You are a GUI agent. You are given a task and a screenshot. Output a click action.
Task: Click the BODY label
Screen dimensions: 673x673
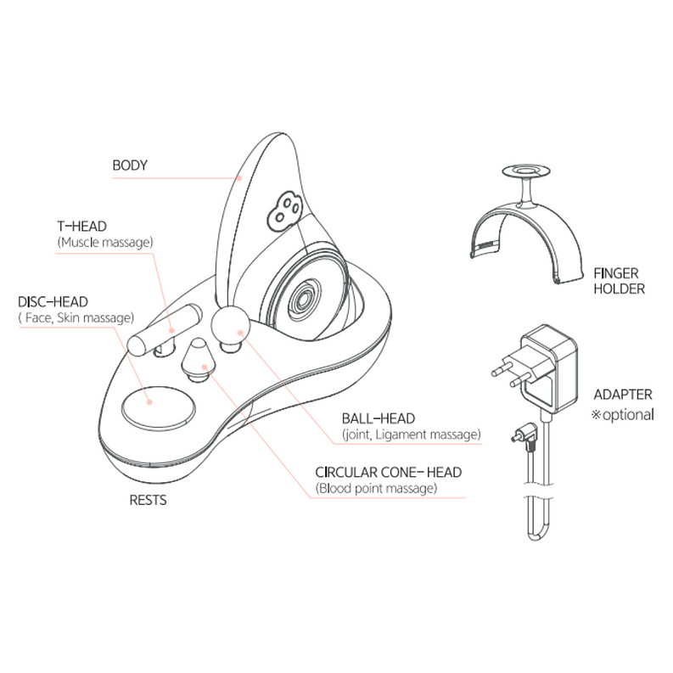(x=130, y=165)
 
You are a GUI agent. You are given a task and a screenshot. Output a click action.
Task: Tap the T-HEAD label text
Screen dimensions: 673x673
(x=82, y=227)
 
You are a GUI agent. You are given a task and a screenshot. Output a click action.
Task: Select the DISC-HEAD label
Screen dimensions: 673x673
(x=53, y=302)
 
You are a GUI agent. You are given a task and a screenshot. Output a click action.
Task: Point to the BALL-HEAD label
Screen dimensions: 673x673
(x=379, y=418)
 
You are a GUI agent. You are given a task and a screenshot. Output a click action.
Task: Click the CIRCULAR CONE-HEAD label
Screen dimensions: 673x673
(x=389, y=472)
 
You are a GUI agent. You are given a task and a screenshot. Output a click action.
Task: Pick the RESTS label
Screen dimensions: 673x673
(x=148, y=500)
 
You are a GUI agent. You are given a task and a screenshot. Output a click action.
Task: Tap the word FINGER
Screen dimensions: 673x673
(x=616, y=273)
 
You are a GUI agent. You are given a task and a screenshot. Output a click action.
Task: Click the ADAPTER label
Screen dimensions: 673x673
(x=623, y=395)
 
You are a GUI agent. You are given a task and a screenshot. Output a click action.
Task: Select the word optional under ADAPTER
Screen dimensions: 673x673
(x=628, y=415)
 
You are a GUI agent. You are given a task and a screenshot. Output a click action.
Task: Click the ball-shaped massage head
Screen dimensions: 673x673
(x=230, y=327)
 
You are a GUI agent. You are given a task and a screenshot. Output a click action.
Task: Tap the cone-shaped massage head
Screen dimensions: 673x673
(x=197, y=359)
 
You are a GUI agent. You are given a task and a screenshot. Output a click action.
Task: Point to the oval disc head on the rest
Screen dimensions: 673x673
(x=158, y=405)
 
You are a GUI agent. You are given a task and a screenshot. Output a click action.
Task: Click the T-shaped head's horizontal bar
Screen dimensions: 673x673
(x=165, y=329)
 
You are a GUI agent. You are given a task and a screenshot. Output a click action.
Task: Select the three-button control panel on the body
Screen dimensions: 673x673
(x=284, y=211)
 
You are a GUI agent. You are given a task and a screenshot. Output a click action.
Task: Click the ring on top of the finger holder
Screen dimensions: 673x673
(x=527, y=172)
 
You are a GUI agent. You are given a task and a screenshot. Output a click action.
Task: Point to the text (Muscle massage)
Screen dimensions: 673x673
(x=105, y=243)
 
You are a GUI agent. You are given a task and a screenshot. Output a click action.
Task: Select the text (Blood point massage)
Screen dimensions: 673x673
(x=376, y=489)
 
